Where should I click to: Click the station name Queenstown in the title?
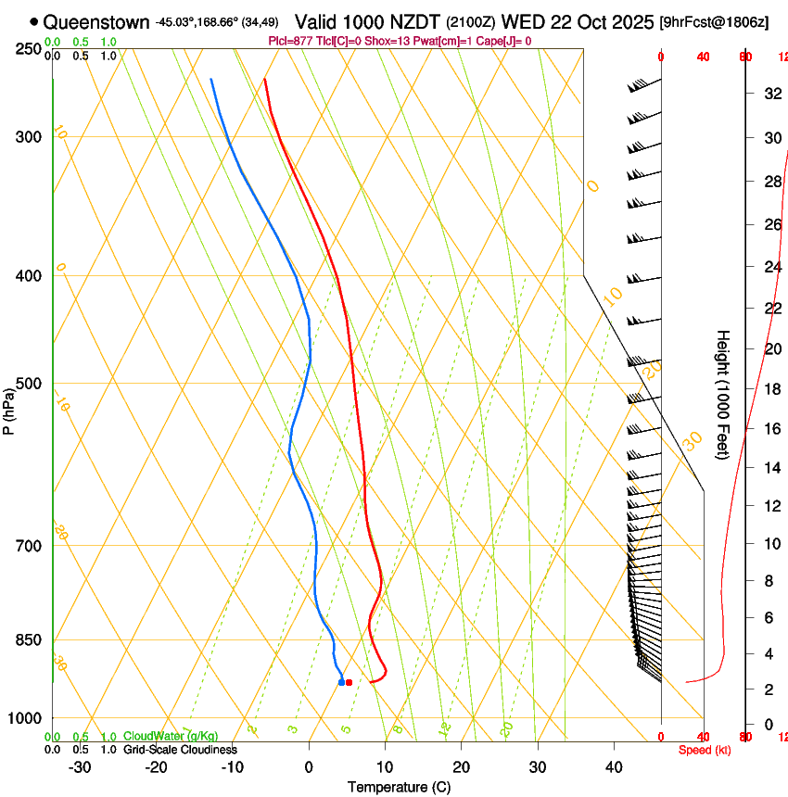[x=95, y=21]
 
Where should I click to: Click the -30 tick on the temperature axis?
[x=80, y=767]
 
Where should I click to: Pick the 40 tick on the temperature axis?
[x=614, y=767]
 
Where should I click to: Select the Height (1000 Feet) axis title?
[x=724, y=394]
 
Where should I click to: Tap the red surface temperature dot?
[x=349, y=682]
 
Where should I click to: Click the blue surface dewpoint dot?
[x=341, y=682]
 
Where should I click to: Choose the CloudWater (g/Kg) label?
[x=171, y=736]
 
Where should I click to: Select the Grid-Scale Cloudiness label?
[x=181, y=749]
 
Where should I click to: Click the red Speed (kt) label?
[x=705, y=750]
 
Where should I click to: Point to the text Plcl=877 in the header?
[x=289, y=41]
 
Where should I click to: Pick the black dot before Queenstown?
[x=34, y=21]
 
